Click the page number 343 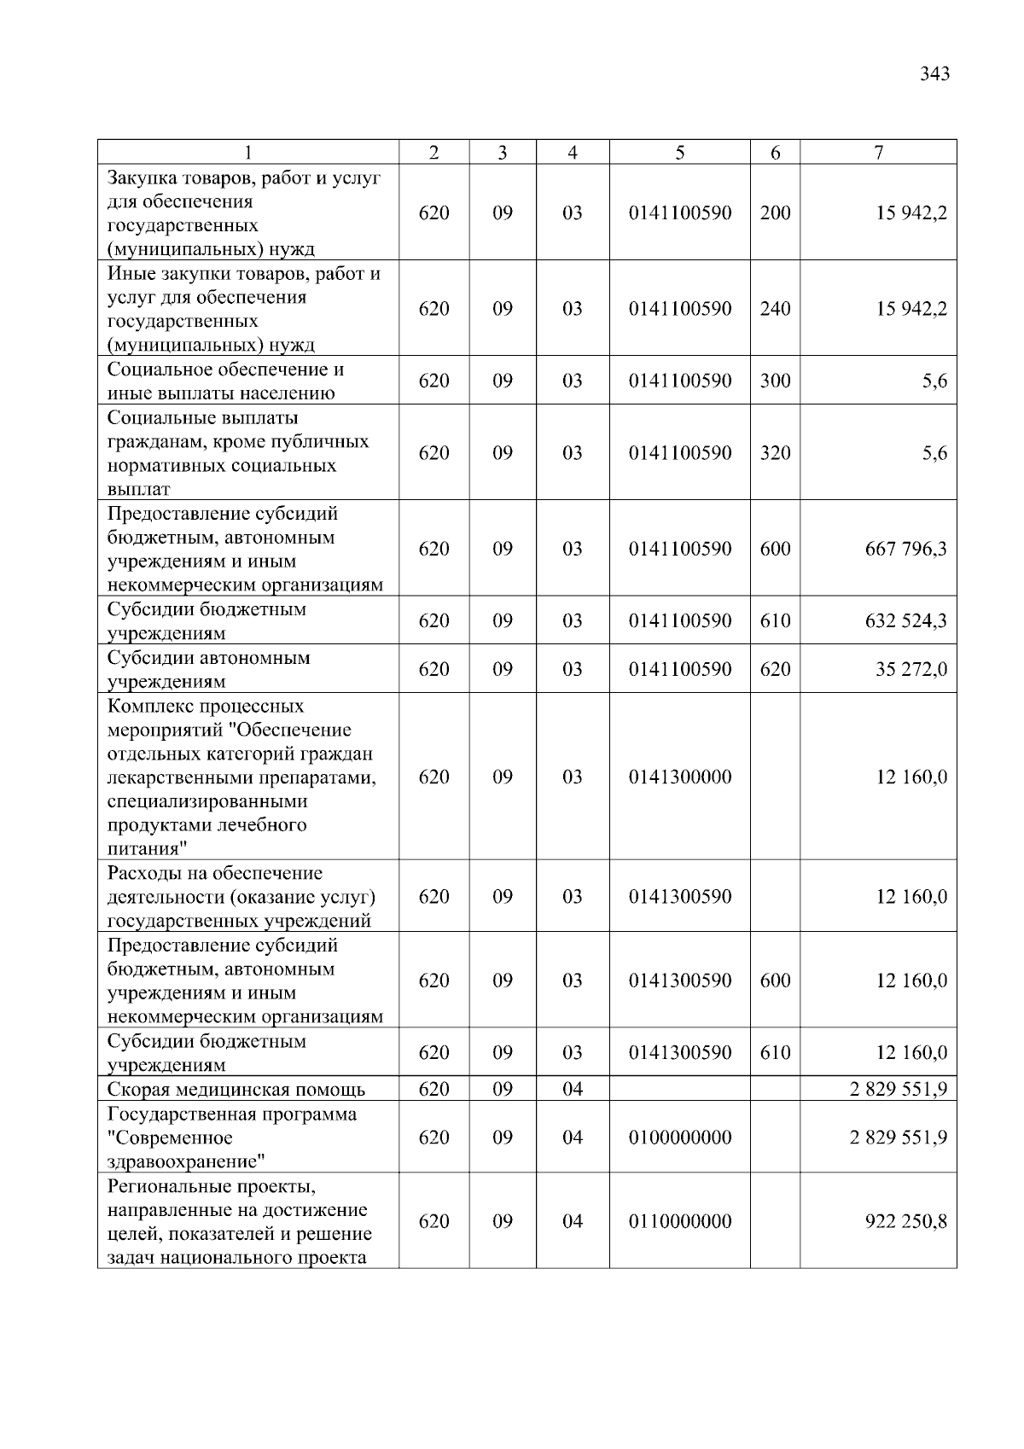point(934,74)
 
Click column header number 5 point(679,153)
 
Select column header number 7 point(878,153)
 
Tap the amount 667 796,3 point(905,549)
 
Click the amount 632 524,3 point(905,620)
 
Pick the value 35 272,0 point(911,669)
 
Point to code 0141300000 point(679,777)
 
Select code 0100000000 point(679,1138)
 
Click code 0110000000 point(679,1221)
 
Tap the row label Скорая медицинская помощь point(236,1090)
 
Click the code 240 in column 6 point(775,309)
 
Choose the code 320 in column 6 point(775,453)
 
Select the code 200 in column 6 point(775,213)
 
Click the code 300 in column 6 point(775,381)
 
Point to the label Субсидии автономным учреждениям point(209,669)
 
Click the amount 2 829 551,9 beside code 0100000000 point(898,1138)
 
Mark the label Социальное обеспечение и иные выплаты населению point(225,381)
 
